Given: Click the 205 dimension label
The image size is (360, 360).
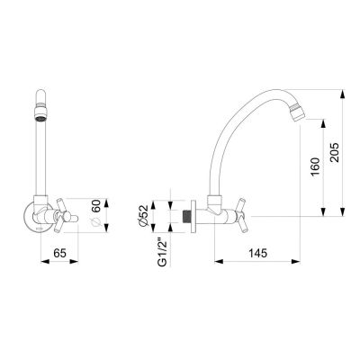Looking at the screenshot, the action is (x=334, y=152).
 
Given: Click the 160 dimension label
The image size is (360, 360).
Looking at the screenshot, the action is (x=315, y=166).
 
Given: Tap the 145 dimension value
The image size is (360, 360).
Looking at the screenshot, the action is (x=257, y=253).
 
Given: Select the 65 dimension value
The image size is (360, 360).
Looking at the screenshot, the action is (x=59, y=253).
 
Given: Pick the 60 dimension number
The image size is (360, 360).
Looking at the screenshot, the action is (x=95, y=206).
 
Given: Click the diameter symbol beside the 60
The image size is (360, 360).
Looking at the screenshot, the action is (x=95, y=222).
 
